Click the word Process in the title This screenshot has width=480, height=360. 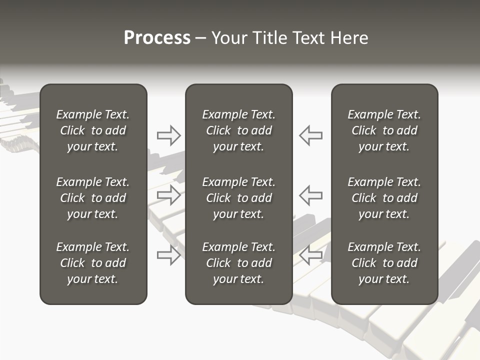[x=157, y=38]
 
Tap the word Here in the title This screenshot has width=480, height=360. [x=350, y=38]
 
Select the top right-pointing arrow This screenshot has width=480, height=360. [x=168, y=135]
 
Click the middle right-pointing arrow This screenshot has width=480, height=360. [x=168, y=195]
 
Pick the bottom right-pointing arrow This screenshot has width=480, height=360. [x=168, y=255]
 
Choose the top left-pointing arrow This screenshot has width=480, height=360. [x=310, y=135]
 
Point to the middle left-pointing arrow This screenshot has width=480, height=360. [x=310, y=195]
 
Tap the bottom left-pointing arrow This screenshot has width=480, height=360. [x=310, y=255]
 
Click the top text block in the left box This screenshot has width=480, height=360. [x=93, y=130]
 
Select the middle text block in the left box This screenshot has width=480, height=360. [x=93, y=198]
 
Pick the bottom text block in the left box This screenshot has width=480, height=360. [x=93, y=263]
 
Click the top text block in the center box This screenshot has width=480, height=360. [x=238, y=130]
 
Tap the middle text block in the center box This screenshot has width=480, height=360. [x=238, y=198]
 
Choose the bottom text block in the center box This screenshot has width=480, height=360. [x=238, y=263]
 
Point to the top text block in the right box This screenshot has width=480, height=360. [x=384, y=130]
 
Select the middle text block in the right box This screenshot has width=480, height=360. [x=384, y=198]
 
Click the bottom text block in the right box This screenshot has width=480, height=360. [x=384, y=263]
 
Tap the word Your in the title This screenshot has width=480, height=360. [x=229, y=38]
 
